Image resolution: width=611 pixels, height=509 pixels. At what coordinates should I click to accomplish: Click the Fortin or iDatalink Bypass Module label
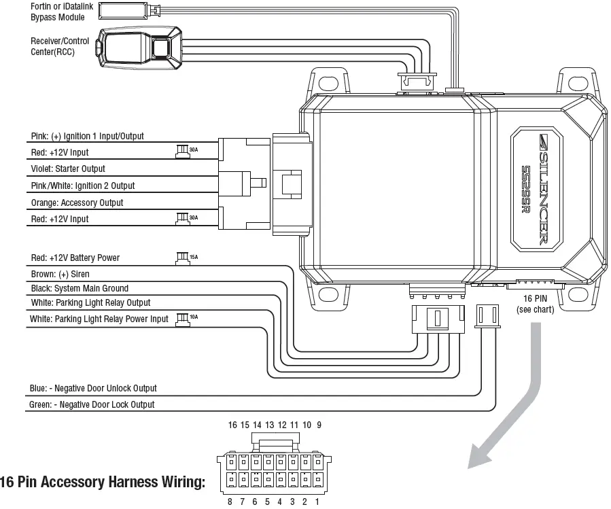[58, 12]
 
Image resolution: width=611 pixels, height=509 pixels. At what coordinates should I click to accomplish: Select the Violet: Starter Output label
[68, 169]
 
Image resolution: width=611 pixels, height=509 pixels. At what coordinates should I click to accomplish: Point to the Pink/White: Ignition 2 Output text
[83, 186]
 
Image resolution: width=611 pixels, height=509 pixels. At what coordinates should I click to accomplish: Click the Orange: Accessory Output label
[77, 203]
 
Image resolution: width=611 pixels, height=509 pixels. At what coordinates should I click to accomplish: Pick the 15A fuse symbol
[181, 257]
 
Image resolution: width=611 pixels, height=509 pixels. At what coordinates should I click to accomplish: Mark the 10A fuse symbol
[181, 317]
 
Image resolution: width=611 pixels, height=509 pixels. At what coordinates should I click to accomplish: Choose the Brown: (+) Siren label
[60, 274]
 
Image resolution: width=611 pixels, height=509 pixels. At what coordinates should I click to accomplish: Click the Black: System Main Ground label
[80, 288]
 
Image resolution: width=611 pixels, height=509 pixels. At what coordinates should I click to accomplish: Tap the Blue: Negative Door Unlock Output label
[93, 388]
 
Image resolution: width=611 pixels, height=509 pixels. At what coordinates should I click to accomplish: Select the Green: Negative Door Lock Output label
[92, 404]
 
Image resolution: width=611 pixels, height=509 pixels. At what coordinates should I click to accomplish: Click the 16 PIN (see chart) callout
[535, 304]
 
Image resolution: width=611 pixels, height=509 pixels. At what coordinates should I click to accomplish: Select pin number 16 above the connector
[232, 425]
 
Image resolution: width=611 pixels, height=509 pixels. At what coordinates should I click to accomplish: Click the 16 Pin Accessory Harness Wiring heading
[103, 482]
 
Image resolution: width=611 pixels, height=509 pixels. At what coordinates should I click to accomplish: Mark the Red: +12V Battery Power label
[75, 258]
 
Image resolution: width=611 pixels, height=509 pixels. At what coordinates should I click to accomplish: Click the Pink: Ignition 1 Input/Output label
[87, 136]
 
